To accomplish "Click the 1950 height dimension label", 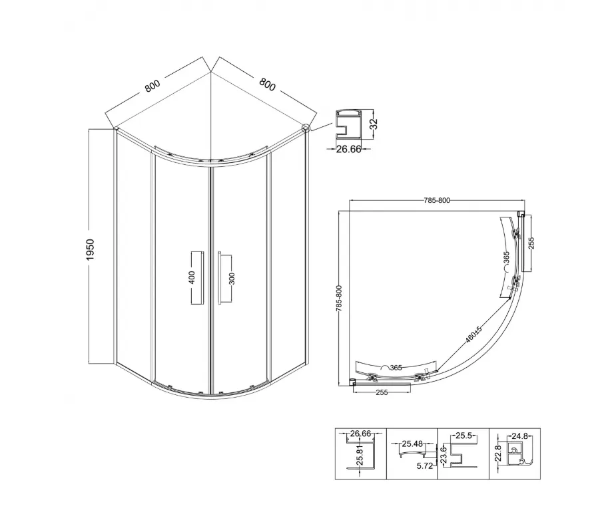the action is pos(91,250).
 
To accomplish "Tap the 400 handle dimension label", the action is pos(192,277).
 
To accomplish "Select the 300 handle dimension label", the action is pos(231,279).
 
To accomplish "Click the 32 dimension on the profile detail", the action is pos(374,124).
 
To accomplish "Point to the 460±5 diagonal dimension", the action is pos(473,334).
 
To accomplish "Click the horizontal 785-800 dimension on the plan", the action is pos(437,200).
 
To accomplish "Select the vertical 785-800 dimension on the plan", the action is pos(340,299).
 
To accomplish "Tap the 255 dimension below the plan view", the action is pos(382,392).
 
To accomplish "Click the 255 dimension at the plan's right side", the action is pos(531,243).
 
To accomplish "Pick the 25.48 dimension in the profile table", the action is pos(412,444).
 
